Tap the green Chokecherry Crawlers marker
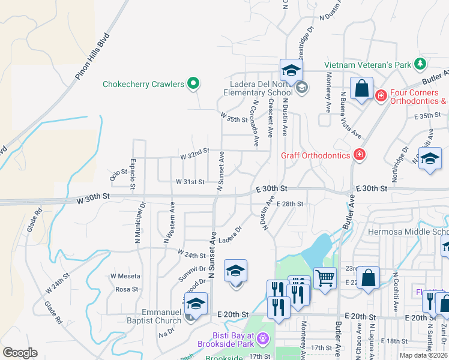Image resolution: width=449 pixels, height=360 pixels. [193, 84]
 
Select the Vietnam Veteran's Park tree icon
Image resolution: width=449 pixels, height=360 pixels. [421, 64]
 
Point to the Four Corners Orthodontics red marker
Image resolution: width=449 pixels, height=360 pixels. [381, 96]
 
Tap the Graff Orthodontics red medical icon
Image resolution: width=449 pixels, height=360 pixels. [359, 155]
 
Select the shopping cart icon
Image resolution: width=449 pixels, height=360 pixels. [325, 277]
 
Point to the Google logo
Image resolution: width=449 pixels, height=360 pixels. [19, 353]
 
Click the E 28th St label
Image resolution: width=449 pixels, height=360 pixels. [292, 204]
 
